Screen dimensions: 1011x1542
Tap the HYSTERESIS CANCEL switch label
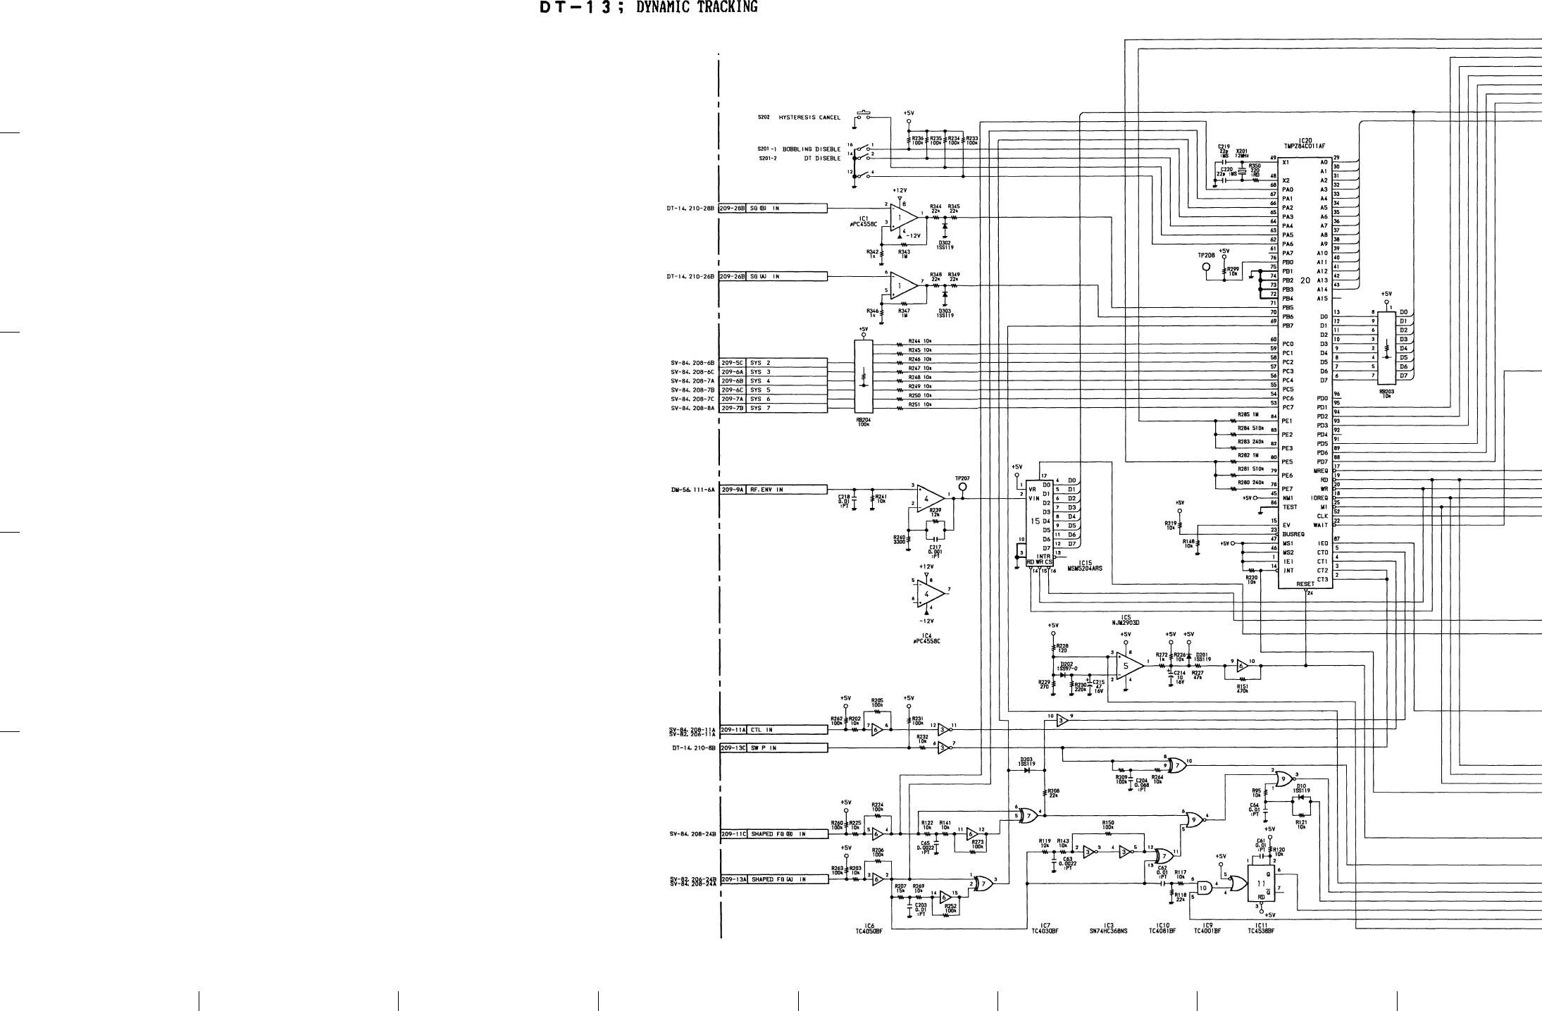tap(809, 118)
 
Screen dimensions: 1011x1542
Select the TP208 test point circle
tap(1206, 267)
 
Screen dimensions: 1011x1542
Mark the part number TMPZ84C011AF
tap(1305, 146)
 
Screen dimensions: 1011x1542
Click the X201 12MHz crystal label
tap(1241, 153)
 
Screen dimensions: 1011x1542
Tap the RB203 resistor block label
tap(1386, 394)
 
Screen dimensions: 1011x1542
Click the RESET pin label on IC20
tap(1305, 584)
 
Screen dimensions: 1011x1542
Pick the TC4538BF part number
tap(1261, 931)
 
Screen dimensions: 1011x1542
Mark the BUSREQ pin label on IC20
tap(1293, 534)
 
